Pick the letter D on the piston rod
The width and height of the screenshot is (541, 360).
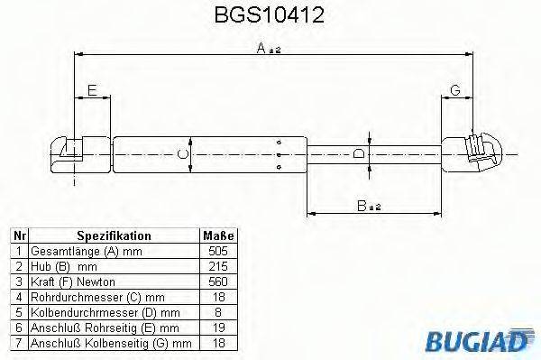(x=360, y=154)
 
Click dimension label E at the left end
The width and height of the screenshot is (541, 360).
(x=91, y=88)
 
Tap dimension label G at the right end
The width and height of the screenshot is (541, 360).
(x=455, y=88)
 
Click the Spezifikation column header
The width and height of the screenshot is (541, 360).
(x=114, y=235)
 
